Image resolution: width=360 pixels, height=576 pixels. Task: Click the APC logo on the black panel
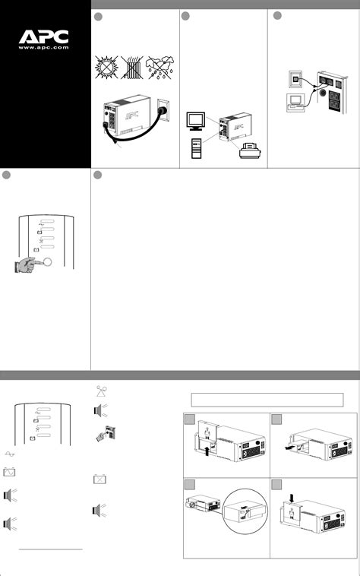44,36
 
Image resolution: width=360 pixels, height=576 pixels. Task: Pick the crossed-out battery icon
99,480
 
